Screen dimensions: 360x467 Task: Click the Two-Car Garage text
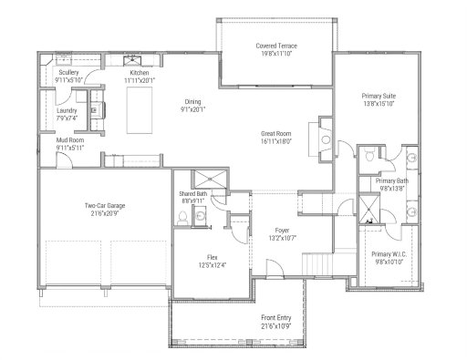tap(105, 206)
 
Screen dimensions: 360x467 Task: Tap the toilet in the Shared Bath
tap(183, 217)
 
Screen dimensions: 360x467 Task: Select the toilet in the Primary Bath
tap(368, 159)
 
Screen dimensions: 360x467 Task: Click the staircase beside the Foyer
tap(320, 264)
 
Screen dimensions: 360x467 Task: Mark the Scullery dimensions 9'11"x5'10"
tap(69, 80)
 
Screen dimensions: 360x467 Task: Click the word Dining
tap(192, 101)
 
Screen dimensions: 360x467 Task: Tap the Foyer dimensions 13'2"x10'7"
tap(282, 237)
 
